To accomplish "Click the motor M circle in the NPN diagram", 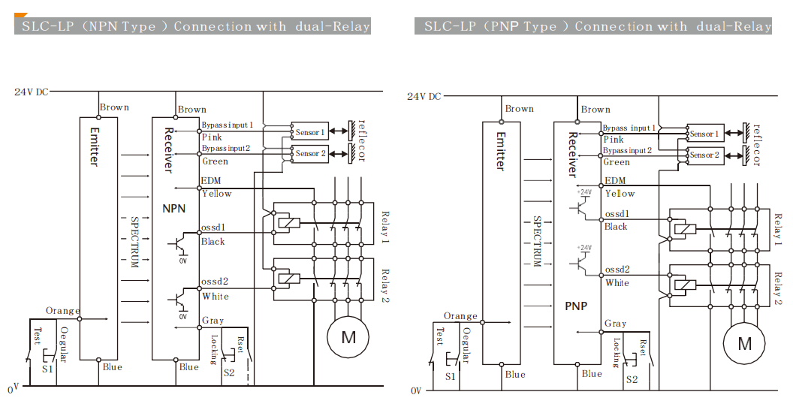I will pos(348,337).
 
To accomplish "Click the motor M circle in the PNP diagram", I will pos(744,343).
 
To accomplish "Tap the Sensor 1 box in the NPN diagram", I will pos(309,132).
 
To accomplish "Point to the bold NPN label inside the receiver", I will pos(174,208).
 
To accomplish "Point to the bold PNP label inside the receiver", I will pos(576,306).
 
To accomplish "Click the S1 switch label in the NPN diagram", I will pos(47,369).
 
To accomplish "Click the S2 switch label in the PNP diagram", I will pos(632,379).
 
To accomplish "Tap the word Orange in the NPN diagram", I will pos(62,310).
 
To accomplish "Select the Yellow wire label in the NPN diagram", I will pos(216,194).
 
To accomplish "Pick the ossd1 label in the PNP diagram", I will pos(617,214).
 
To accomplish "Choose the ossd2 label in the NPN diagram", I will pos(214,282).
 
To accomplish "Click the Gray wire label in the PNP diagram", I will pos(615,324).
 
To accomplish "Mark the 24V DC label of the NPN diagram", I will pos(31,92).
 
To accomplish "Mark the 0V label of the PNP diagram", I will pos(417,390).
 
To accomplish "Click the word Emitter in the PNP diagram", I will pos(500,151).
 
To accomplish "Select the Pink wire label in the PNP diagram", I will pos(614,140).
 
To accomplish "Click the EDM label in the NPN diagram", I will pos(211,181).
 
